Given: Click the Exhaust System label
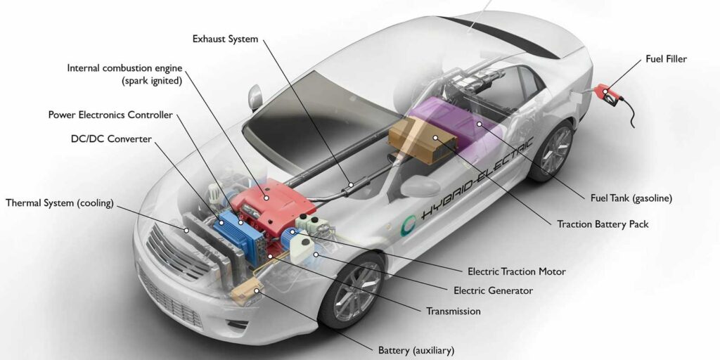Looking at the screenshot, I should point(225,39).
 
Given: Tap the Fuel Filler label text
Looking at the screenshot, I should point(666,59).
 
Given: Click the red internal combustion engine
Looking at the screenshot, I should point(266,200).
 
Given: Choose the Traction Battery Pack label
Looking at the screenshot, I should point(603,224).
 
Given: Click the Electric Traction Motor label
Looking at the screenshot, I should point(516,271).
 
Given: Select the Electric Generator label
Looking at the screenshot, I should point(493,290).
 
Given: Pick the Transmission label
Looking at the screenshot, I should point(454,311).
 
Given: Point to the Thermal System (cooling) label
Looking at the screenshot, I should point(59,203).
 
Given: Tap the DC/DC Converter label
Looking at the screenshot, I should point(111,139).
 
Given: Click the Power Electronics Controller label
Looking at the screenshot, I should point(110,115).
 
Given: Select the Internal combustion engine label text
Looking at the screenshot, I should point(124,68).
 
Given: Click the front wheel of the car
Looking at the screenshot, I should point(352,288).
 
